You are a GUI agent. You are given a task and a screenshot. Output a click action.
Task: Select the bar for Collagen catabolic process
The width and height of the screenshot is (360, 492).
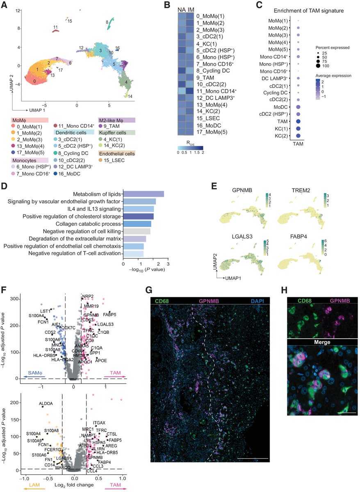click(x=137, y=224)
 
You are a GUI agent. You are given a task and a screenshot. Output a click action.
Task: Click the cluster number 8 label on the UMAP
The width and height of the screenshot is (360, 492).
click(x=107, y=22)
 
